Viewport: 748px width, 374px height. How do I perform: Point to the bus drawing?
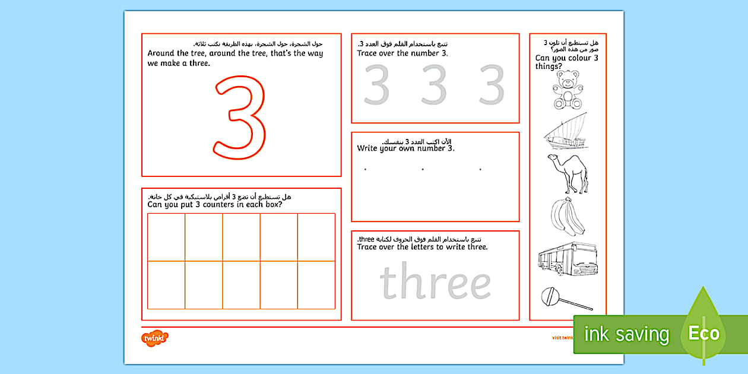pyautogui.click(x=566, y=258)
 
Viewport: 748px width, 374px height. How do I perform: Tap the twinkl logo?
pyautogui.click(x=154, y=338)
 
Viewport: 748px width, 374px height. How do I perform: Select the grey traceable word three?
pyautogui.click(x=435, y=283)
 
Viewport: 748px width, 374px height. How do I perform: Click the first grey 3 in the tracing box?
pyautogui.click(x=376, y=85)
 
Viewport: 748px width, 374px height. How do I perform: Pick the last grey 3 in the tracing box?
pyautogui.click(x=492, y=85)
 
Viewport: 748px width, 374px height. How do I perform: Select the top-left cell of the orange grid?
pyautogui.click(x=166, y=237)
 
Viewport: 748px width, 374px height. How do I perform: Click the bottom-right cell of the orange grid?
pyautogui.click(x=316, y=285)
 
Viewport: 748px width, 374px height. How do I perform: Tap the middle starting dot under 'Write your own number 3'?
pyautogui.click(x=423, y=170)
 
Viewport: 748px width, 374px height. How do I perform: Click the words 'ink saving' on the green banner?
pyautogui.click(x=626, y=334)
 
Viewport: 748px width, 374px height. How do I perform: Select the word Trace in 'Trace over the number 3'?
pyautogui.click(x=369, y=53)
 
